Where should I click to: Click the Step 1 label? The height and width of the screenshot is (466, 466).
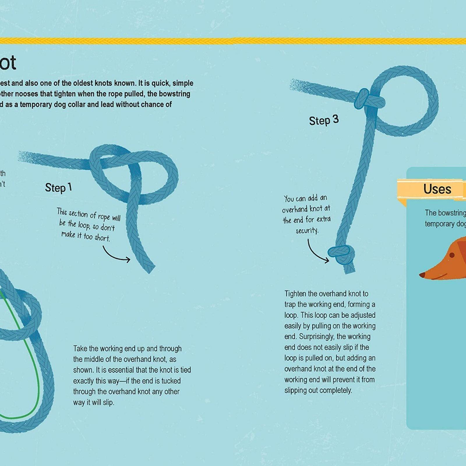(58, 188)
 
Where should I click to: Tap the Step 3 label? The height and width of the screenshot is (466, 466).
(324, 120)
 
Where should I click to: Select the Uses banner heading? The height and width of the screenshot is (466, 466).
(437, 189)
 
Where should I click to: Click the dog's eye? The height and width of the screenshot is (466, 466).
(452, 255)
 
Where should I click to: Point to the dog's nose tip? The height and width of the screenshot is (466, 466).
(421, 274)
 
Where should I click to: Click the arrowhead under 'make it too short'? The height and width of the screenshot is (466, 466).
(128, 259)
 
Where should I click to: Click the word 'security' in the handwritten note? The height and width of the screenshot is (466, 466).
(307, 231)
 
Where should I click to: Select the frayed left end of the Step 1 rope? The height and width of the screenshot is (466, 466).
(23, 156)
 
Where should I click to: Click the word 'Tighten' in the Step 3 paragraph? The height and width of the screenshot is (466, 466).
(295, 294)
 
